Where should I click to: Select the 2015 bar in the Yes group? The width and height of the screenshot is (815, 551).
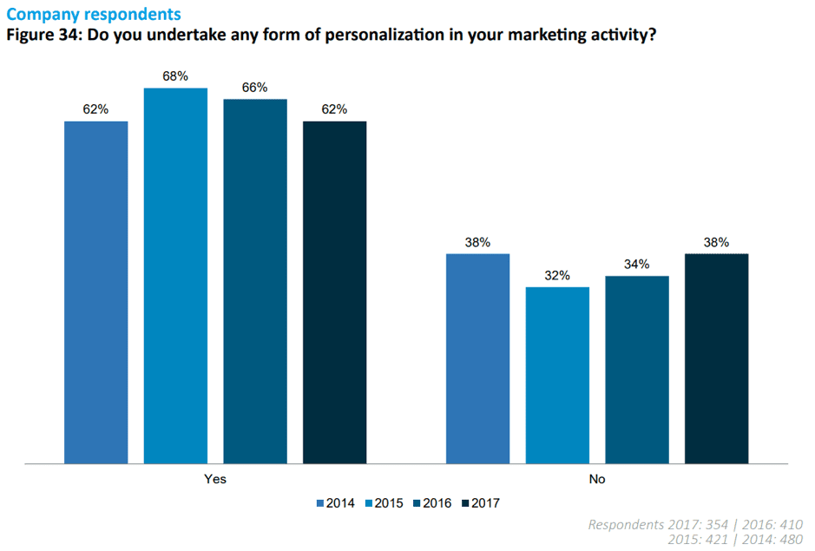[x=175, y=275]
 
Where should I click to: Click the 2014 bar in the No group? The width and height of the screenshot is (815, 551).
[x=477, y=357]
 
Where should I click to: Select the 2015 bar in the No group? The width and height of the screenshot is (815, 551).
[x=557, y=374]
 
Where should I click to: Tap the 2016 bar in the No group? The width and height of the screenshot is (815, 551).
[x=637, y=369]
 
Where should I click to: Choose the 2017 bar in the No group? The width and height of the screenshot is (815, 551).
[x=716, y=357]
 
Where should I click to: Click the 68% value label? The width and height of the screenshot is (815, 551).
[x=175, y=76]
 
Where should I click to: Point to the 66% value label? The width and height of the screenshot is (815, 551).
[x=255, y=88]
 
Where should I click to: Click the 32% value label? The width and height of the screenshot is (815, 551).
[x=557, y=275]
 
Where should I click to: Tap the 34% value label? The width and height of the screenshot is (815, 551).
[x=637, y=264]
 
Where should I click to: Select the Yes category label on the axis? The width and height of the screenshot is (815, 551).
[x=215, y=479]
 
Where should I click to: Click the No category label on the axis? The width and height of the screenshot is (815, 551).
[x=597, y=479]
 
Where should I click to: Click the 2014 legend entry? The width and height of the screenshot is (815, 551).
[x=337, y=502]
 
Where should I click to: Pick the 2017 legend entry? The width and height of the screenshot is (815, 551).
[x=480, y=502]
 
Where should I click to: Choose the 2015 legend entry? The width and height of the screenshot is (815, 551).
[x=384, y=502]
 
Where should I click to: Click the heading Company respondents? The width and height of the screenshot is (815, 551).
[x=94, y=15]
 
